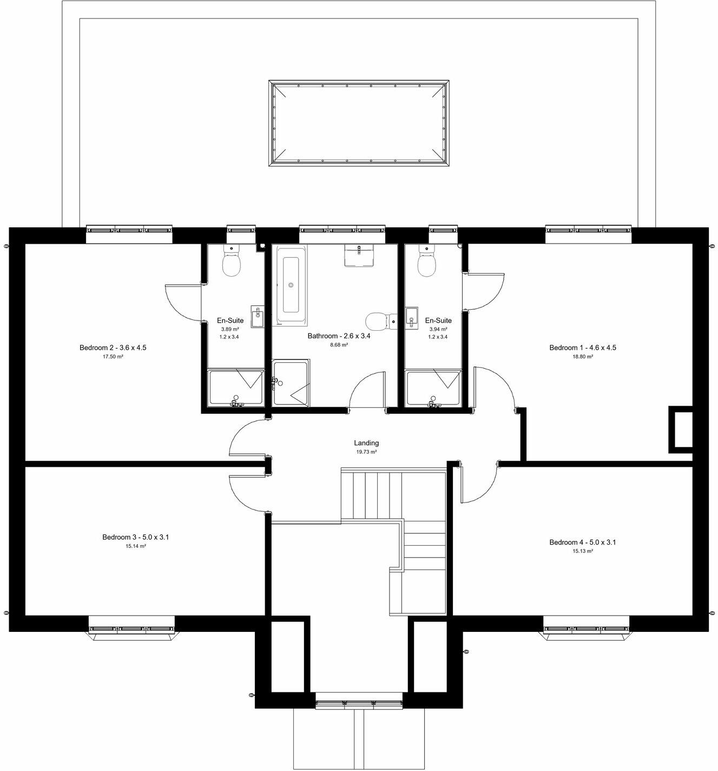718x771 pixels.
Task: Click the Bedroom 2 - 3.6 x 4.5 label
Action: (x=113, y=348)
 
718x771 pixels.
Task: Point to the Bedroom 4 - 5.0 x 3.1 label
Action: (x=582, y=542)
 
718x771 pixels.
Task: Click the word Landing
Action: (x=366, y=443)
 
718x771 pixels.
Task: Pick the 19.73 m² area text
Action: (x=366, y=452)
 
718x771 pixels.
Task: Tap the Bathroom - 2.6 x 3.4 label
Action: (x=339, y=336)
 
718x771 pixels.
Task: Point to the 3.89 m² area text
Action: (x=230, y=329)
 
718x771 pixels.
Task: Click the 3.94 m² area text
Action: (x=438, y=329)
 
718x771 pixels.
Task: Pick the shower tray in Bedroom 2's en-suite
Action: (x=236, y=387)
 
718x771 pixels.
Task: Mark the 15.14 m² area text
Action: (x=136, y=546)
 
